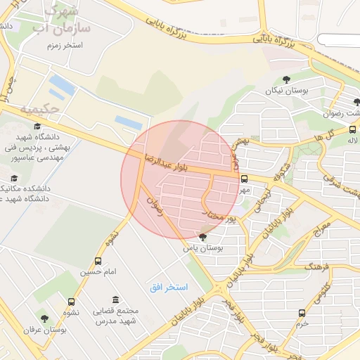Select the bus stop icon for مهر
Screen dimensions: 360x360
(244, 179)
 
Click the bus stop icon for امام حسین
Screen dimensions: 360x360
(98, 260)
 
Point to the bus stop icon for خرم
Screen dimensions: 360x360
(302, 314)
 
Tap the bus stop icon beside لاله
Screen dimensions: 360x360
(352, 129)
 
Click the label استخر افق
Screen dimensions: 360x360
(169, 288)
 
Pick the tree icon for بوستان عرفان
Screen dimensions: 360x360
(46, 319)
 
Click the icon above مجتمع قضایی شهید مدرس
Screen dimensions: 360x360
(115, 300)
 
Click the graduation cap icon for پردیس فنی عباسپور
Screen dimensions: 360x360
(37, 127)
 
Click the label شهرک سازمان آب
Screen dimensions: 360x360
(59, 22)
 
